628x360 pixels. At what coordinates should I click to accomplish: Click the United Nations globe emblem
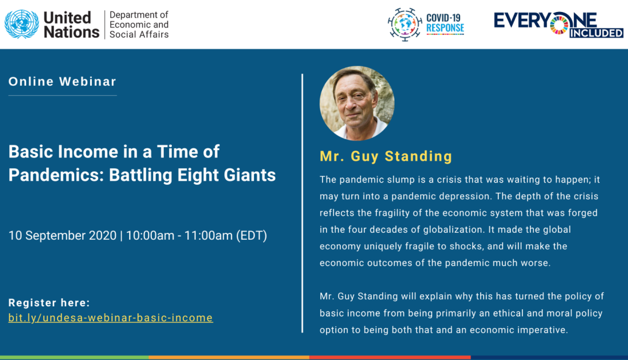pos(22,25)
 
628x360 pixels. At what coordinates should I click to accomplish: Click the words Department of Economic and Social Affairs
pos(139,25)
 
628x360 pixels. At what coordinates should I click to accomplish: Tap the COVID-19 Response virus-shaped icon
pos(405,25)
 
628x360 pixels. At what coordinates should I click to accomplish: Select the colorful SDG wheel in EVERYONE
pos(559,23)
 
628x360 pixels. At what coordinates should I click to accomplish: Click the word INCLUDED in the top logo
pos(597,33)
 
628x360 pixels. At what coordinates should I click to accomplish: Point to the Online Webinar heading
pos(62,81)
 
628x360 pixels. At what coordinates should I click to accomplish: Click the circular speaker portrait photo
pos(357,103)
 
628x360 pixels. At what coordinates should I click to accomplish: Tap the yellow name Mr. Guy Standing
pos(386,156)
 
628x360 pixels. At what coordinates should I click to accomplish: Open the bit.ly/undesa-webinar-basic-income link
pos(111,318)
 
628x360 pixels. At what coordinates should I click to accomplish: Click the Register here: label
pos(49,302)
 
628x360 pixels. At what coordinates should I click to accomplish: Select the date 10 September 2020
pos(62,236)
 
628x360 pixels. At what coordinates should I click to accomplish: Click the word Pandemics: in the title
pos(57,175)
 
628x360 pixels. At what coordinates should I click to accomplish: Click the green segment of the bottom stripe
pos(74,358)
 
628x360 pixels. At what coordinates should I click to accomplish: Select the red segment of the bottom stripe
pos(390,358)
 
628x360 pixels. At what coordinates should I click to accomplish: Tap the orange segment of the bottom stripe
pos(229,358)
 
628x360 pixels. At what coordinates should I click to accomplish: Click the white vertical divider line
pos(303,203)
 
